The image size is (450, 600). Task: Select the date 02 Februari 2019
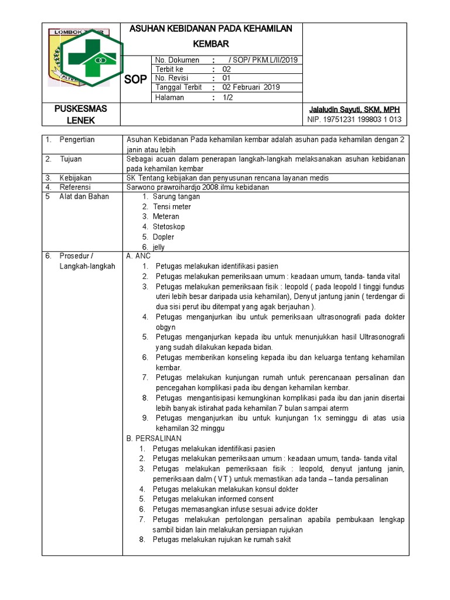(251, 87)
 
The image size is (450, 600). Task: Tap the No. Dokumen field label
(177, 60)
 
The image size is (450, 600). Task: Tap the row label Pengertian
(77, 139)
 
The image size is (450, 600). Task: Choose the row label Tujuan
(71, 159)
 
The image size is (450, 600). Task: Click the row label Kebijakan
(76, 178)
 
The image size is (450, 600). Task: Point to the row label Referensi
(76, 187)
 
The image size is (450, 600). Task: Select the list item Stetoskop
(169, 226)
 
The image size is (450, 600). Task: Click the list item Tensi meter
(172, 206)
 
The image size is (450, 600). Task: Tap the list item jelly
(159, 247)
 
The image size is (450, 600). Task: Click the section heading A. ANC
(138, 256)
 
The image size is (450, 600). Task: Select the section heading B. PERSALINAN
(154, 438)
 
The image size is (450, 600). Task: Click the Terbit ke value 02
(227, 69)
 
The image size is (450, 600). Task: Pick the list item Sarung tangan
(176, 197)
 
